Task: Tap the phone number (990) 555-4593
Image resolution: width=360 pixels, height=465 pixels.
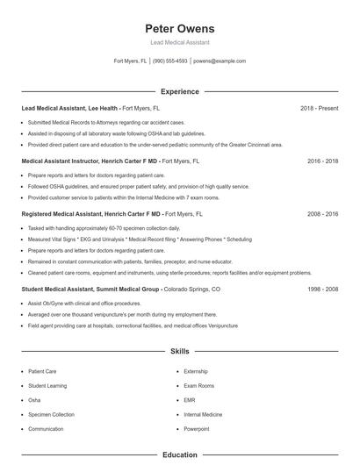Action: [170, 61]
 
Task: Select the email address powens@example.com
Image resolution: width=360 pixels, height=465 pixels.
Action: [220, 61]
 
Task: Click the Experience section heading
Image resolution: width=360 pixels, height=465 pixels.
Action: [179, 91]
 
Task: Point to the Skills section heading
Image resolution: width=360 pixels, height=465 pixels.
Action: [179, 351]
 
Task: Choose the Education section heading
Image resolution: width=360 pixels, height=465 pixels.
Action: [179, 455]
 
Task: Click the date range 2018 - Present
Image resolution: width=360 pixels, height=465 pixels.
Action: [319, 108]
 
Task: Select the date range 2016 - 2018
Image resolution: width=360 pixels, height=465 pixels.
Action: [323, 161]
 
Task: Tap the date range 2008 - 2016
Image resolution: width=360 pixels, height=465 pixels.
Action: [323, 214]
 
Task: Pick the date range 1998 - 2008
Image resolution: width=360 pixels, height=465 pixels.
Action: [323, 289]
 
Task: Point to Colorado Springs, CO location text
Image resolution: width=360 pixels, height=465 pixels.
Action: [191, 289]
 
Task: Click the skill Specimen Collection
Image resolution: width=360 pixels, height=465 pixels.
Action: [51, 414]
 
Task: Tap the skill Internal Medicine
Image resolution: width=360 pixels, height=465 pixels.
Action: [203, 414]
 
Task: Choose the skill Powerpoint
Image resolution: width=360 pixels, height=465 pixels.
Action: [197, 429]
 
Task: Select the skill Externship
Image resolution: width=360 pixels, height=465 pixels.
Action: [196, 371]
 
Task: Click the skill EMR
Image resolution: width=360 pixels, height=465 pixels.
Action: [189, 400]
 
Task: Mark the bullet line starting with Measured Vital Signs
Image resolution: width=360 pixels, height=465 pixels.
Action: [127, 238]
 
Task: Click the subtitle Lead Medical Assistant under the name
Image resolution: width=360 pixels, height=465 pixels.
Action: [179, 42]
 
